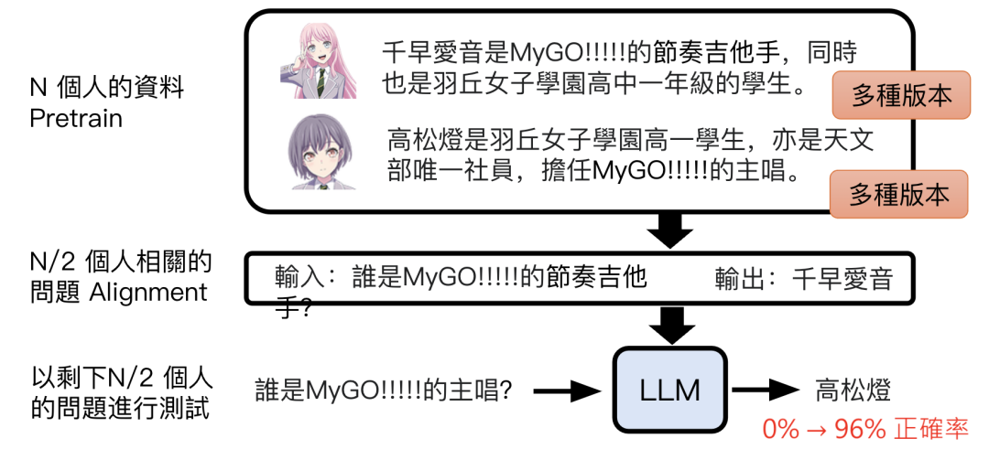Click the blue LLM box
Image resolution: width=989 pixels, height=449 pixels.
click(670, 390)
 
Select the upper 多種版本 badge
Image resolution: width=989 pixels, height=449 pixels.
click(900, 95)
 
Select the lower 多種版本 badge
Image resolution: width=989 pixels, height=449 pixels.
click(897, 194)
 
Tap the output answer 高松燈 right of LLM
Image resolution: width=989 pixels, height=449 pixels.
click(853, 391)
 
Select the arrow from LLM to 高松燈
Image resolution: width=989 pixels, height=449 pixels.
click(764, 391)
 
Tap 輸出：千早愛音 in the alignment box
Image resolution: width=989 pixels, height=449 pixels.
click(801, 277)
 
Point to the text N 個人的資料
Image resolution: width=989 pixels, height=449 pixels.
click(106, 89)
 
